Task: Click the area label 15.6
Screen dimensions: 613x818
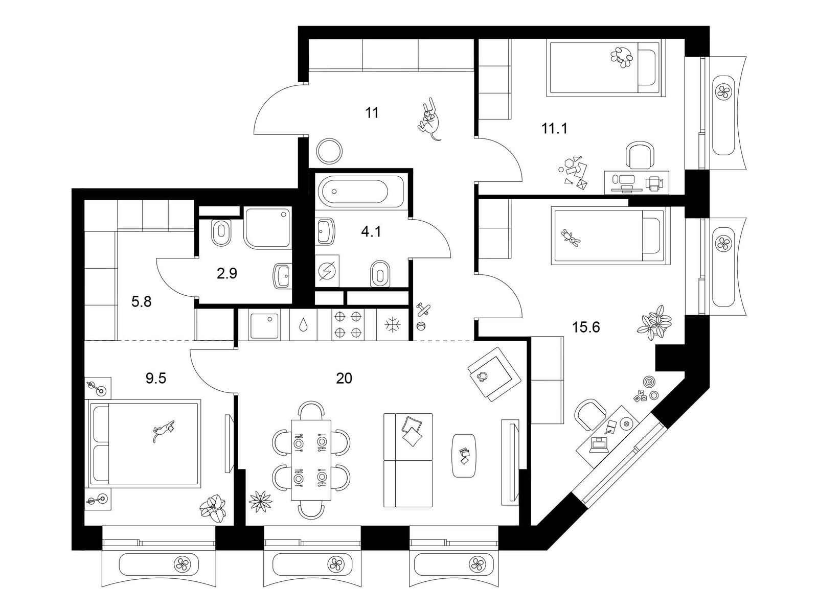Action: click(x=586, y=327)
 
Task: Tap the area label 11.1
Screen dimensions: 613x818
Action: click(x=554, y=128)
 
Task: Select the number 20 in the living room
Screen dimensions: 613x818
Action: click(x=344, y=379)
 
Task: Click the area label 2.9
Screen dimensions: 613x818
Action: click(x=226, y=274)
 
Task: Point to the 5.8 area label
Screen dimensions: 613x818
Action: click(x=141, y=302)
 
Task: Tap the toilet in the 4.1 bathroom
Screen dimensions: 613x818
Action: click(x=378, y=274)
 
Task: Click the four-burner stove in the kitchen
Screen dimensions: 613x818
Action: click(x=347, y=324)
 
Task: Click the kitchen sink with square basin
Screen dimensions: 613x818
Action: click(x=264, y=325)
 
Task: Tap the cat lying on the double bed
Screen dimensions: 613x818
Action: click(x=163, y=430)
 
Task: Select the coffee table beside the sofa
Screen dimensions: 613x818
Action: click(x=465, y=455)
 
